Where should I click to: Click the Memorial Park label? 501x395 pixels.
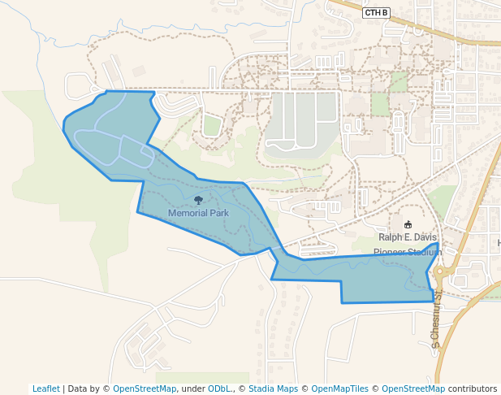click(198, 213)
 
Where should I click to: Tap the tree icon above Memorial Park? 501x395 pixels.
click(198, 200)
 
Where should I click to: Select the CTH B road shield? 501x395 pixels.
click(377, 12)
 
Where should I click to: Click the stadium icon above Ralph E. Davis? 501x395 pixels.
click(408, 224)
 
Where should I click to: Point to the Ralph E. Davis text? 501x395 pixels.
click(407, 237)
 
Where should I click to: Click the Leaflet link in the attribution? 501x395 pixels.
click(45, 388)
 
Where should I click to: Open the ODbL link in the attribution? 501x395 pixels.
click(218, 388)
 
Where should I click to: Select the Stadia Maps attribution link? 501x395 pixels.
click(273, 388)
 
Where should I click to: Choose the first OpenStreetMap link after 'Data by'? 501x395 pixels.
click(145, 388)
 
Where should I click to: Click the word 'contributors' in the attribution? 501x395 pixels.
click(473, 388)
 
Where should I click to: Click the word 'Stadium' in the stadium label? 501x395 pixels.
click(425, 252)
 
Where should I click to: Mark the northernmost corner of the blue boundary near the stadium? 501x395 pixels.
click(438, 243)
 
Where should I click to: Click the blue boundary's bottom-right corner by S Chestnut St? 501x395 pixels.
click(434, 302)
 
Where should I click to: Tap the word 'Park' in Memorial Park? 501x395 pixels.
click(217, 213)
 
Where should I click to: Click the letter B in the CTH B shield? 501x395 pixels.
click(386, 12)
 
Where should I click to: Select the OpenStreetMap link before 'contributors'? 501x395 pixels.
click(412, 388)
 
